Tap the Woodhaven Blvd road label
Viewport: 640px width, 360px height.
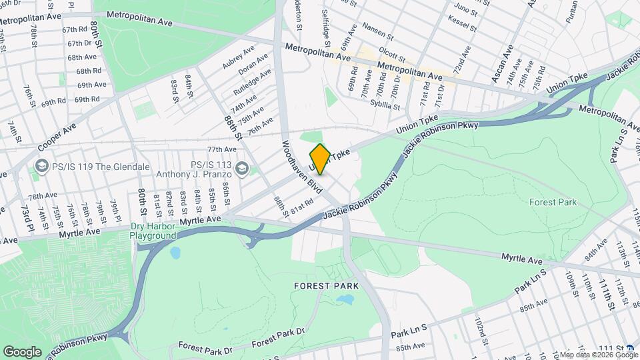pos(302,167)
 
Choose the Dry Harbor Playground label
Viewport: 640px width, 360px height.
pos(153,231)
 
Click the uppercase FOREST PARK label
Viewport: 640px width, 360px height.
pos(326,286)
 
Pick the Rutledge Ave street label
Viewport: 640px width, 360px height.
pos(252,81)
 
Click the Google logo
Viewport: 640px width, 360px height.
pos(22,351)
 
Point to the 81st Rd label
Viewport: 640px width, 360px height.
pos(301,203)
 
